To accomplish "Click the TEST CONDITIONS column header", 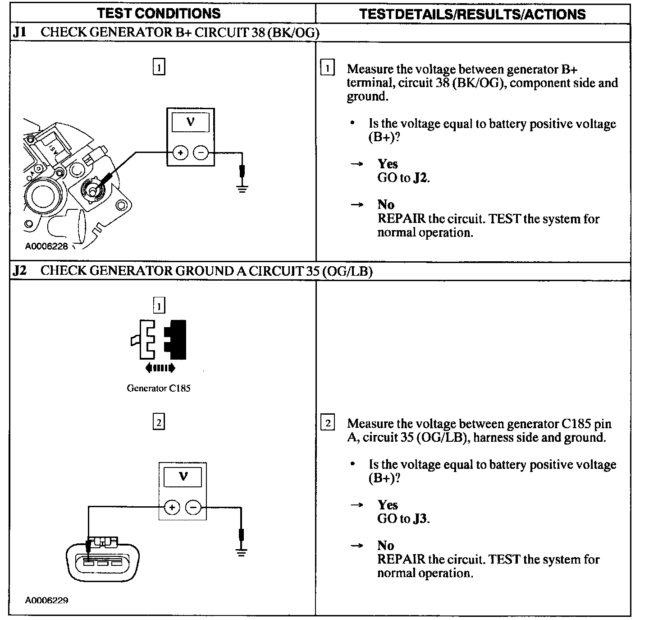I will [159, 13].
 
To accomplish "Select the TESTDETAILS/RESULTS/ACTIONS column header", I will [472, 14].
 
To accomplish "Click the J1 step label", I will [20, 32].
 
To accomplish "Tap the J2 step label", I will [20, 271].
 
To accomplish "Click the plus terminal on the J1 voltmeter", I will [180, 153].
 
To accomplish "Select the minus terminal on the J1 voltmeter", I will [201, 153].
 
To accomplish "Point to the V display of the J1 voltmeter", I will [191, 122].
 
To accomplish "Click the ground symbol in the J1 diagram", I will [242, 187].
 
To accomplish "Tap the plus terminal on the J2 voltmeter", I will [172, 508].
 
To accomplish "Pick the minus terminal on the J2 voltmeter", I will [193, 508].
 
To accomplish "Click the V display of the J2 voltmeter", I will [183, 477].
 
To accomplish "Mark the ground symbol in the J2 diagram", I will [242, 551].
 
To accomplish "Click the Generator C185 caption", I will [159, 388].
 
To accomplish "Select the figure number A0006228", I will [46, 246].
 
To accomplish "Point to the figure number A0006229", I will [47, 601].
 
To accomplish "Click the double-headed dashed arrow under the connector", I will [160, 369].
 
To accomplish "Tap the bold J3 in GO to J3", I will [420, 519].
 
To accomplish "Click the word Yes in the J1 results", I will [388, 164].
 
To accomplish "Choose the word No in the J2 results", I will [386, 546].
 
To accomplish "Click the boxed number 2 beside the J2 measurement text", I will [328, 423].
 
